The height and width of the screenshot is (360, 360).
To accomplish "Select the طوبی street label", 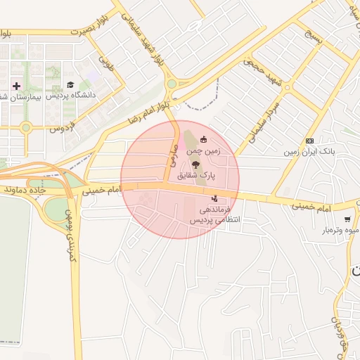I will [x=107, y=65].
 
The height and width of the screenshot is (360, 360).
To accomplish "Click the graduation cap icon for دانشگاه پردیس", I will [x=70, y=85].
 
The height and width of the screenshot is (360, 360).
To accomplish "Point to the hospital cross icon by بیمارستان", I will [x=16, y=85].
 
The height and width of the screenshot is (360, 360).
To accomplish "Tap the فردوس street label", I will [x=62, y=128].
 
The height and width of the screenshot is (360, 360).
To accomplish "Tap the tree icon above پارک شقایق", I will [x=195, y=162].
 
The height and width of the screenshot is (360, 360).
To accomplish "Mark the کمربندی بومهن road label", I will [x=69, y=235].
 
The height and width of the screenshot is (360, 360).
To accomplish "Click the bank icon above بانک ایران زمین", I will [x=310, y=141].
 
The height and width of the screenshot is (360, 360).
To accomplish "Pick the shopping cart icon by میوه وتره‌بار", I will [x=347, y=220].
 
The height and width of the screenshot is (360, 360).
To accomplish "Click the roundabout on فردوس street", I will [x=26, y=128].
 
